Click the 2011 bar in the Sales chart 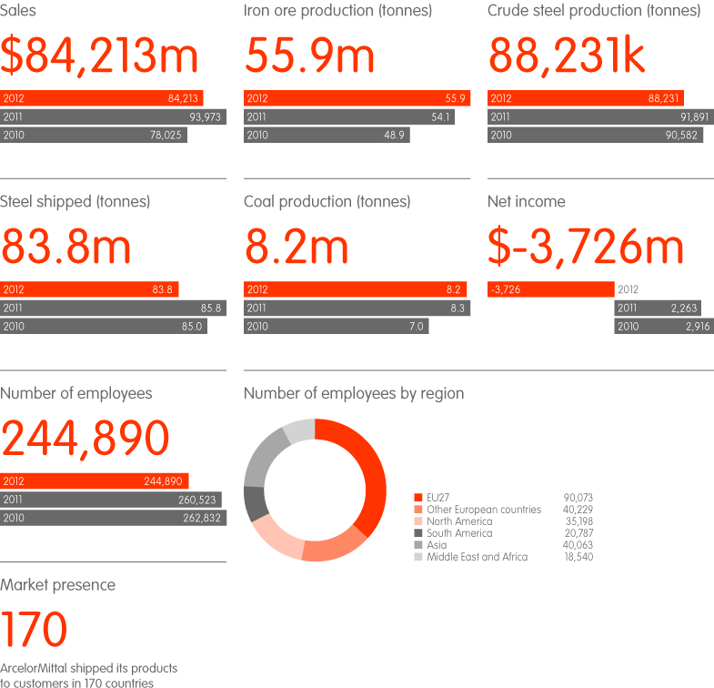(x=113, y=116)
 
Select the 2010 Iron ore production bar (x=327, y=135)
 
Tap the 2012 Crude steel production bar (x=585, y=98)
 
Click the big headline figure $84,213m (x=99, y=56)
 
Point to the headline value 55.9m (x=309, y=56)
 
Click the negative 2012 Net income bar (x=550, y=289)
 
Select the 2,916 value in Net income (x=696, y=327)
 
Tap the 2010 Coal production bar (x=336, y=327)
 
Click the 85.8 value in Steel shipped (x=211, y=309)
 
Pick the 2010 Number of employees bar (x=113, y=518)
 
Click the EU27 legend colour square (x=418, y=498)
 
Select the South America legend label (x=459, y=533)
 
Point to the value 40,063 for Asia (x=578, y=545)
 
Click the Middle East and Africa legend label (x=477, y=557)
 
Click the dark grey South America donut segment (x=255, y=503)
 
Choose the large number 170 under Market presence (x=35, y=630)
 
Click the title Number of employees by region (x=354, y=394)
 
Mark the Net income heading (x=526, y=202)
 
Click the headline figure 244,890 (x=85, y=439)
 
